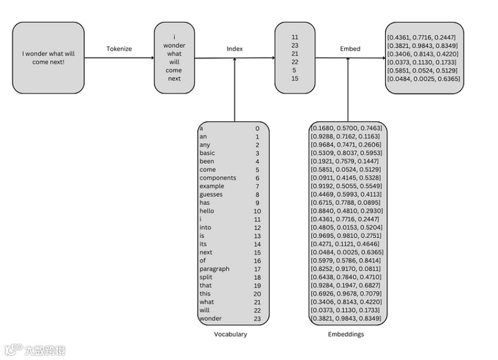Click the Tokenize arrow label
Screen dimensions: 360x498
[x=119, y=48]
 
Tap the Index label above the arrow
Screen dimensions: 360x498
[x=234, y=48]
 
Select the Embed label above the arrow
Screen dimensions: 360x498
[x=350, y=48]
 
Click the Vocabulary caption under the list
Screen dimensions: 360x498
[x=230, y=334]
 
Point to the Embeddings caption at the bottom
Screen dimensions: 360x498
[x=345, y=334]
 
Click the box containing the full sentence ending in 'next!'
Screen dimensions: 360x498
[x=48, y=58]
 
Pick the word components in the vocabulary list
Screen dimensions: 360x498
[x=218, y=178]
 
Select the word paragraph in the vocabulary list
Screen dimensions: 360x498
[x=214, y=269]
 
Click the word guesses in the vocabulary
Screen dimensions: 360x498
[x=211, y=195]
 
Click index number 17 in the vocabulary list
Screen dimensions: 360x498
[x=257, y=269]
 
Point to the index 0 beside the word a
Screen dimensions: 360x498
[x=257, y=128]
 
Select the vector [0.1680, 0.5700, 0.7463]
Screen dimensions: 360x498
[x=346, y=128]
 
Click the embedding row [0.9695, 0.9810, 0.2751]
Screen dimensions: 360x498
[x=346, y=235]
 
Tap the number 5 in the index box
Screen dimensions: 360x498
[x=295, y=70]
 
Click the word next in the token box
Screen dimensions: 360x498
[x=174, y=79]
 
